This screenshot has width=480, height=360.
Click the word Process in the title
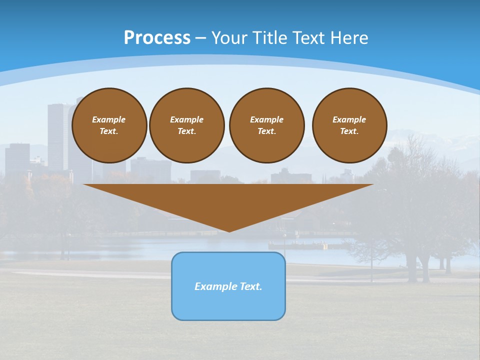[157, 38]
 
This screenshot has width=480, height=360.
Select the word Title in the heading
[272, 38]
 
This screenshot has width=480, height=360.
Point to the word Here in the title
[348, 38]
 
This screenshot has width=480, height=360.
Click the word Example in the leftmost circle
[109, 119]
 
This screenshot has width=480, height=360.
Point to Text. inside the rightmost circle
[349, 131]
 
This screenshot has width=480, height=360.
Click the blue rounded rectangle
[228, 305]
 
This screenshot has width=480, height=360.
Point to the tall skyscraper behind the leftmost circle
[56, 130]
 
